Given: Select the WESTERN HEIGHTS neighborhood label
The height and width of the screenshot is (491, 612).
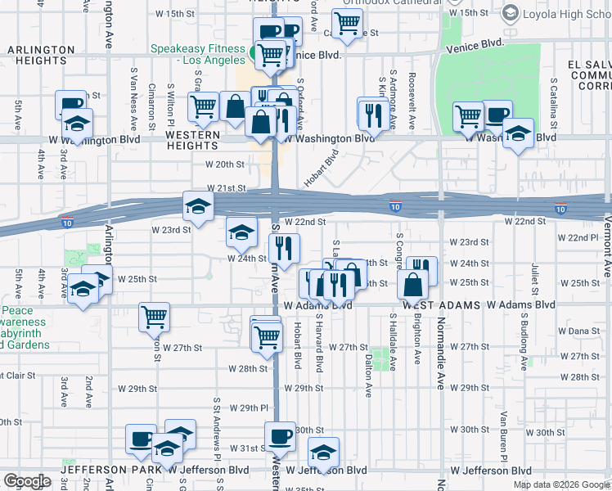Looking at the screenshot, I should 193,140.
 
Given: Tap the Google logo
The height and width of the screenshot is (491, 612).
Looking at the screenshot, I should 27,481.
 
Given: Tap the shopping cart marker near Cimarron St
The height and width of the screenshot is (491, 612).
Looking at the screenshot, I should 154,316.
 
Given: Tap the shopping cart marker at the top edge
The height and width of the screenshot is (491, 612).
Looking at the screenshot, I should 348,24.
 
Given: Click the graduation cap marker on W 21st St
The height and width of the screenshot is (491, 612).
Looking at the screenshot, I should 198,206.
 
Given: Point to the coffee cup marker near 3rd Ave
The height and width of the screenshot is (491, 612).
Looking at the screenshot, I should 71,104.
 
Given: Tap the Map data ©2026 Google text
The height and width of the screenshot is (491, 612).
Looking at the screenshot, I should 560,484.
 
